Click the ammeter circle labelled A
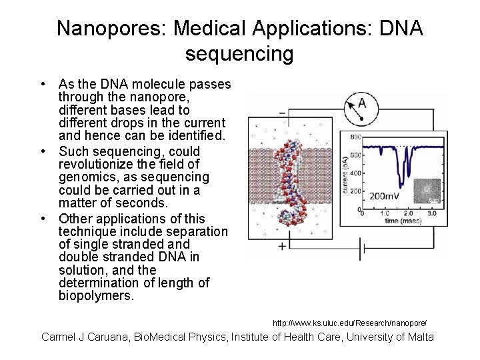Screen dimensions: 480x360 [361, 105]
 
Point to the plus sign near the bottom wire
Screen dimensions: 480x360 [282, 246]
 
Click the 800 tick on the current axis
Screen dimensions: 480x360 [355, 137]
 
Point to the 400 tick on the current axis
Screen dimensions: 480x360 [355, 173]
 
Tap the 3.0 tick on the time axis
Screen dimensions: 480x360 [431, 213]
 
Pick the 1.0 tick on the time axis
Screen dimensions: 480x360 [385, 213]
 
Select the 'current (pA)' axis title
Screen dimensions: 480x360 [345, 174]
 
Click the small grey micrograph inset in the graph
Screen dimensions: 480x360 [427, 191]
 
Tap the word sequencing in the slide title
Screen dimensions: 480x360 [239, 53]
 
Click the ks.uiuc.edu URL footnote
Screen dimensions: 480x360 [349, 323]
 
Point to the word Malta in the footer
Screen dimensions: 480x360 [419, 337]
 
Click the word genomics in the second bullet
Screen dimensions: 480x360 [86, 177]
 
